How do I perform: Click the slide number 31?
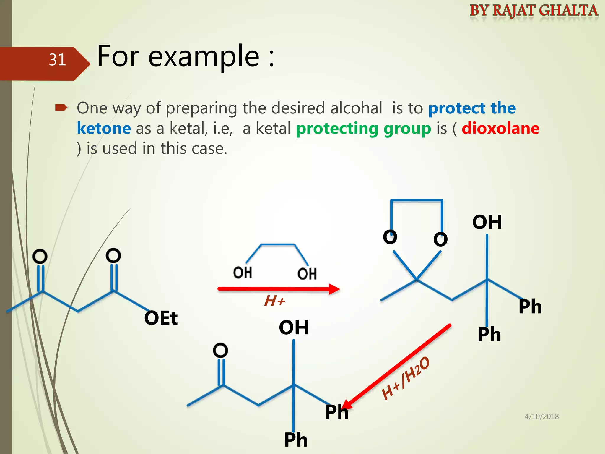[x=57, y=60]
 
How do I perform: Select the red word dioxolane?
[x=500, y=129]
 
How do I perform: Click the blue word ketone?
[x=104, y=129]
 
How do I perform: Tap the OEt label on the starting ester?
[x=161, y=318]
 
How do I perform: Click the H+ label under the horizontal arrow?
[x=274, y=301]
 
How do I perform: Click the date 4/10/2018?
[x=541, y=416]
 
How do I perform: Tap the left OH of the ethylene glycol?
[x=243, y=273]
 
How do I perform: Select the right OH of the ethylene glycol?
[x=307, y=274]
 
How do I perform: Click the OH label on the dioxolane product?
[x=487, y=222]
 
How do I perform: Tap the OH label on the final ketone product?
[x=294, y=327]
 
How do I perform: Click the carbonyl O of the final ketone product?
[x=220, y=351]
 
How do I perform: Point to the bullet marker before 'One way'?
[x=61, y=108]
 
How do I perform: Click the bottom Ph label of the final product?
[x=296, y=440]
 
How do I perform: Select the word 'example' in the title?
[x=204, y=56]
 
